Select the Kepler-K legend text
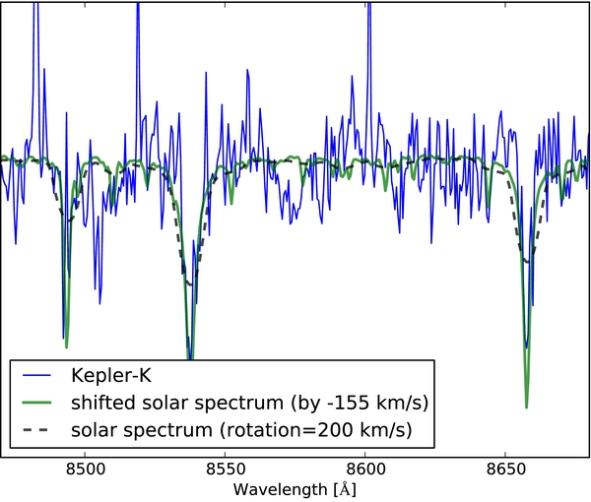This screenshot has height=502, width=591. click(x=110, y=375)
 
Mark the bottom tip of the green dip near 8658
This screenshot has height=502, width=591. click(x=527, y=407)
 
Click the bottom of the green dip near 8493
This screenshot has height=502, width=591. click(x=66, y=346)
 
